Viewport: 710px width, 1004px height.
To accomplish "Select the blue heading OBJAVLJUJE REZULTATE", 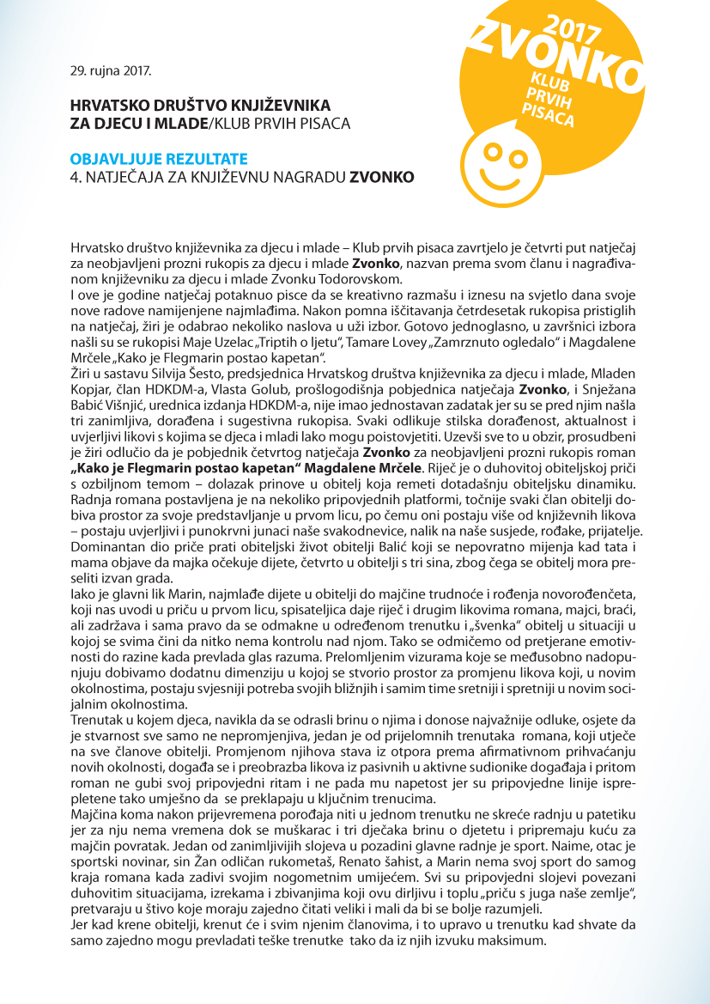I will pos(159,159).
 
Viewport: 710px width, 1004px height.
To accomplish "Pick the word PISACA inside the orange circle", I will pos(548,113).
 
